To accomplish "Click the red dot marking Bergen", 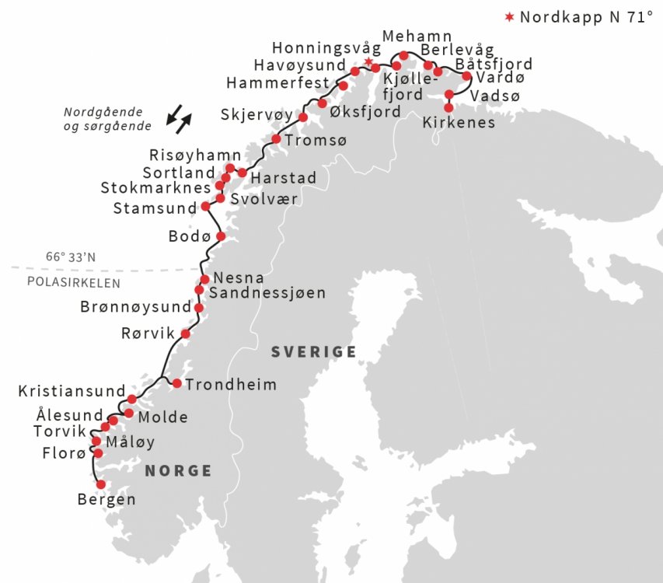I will (100, 484).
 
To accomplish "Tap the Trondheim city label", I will (230, 384).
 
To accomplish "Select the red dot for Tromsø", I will (276, 139).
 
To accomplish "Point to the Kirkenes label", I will (459, 123).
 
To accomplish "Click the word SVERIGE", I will (313, 352).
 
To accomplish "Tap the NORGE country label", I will (178, 470).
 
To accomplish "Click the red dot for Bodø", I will (220, 236).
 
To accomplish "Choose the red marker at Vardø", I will (466, 76).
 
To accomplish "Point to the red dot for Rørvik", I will (185, 333).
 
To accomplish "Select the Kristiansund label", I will (72, 390).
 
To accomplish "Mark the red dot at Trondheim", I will (177, 383).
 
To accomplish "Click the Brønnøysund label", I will (135, 307).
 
